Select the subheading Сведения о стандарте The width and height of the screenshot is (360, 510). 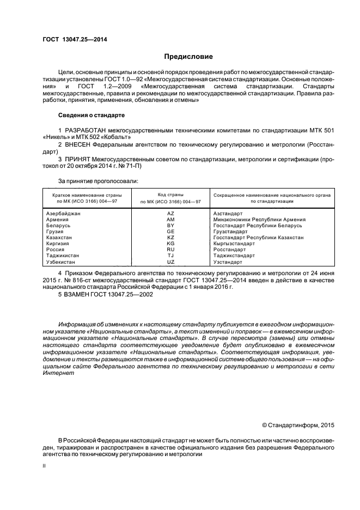point(91,115)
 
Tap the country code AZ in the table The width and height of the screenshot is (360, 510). point(170,214)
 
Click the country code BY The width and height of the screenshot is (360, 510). point(170,226)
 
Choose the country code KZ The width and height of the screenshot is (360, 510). point(170,238)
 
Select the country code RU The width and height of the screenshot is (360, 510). point(170,250)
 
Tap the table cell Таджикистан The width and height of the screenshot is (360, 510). point(63,256)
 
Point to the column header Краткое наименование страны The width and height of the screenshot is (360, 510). point(87,195)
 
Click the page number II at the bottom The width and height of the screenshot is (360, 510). point(45,466)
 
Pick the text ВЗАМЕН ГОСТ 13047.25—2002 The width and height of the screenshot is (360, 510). point(109,294)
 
